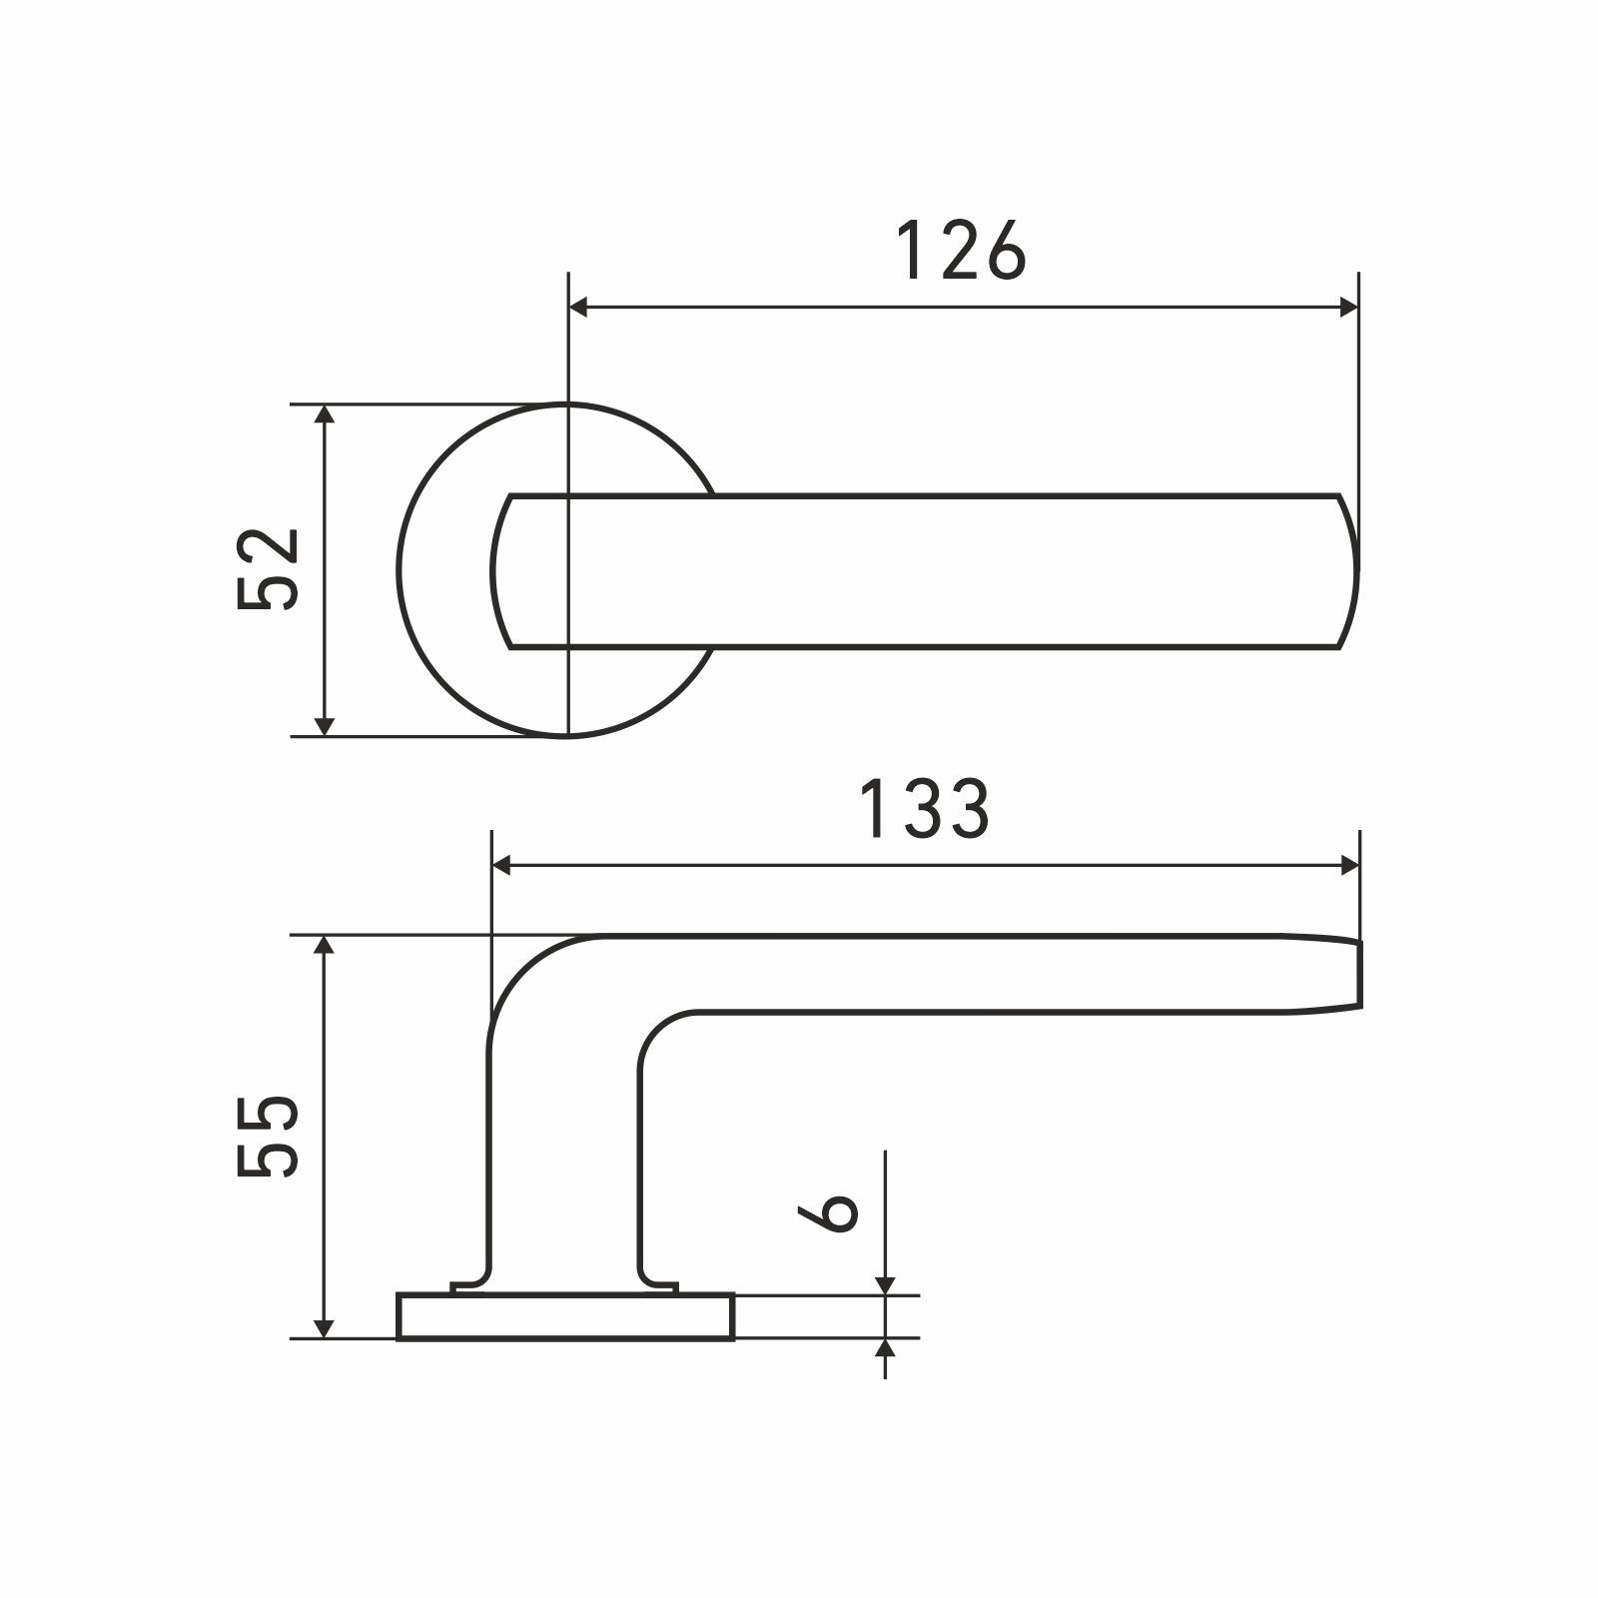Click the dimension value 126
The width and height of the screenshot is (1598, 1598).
click(x=960, y=251)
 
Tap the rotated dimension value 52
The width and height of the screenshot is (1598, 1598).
click(x=269, y=569)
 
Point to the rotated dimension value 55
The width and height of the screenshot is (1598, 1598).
click(x=269, y=1137)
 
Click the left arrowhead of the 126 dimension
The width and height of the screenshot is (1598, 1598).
click(x=579, y=309)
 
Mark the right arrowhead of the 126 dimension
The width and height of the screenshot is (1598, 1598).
click(x=1347, y=309)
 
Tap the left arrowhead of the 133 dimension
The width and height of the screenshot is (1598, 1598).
click(x=504, y=865)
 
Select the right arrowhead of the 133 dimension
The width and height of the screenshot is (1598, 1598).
click(x=1347, y=865)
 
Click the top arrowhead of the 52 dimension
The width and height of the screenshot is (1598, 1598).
click(x=323, y=417)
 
